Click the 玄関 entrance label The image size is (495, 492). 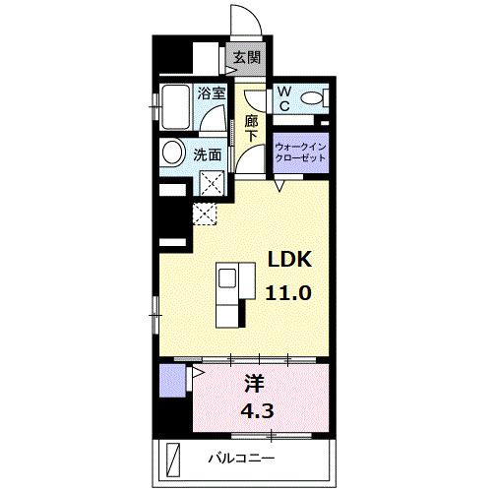click(x=247, y=58)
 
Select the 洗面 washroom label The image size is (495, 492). click(x=207, y=154)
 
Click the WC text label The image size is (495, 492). click(x=282, y=97)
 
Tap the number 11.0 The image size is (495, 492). click(x=290, y=292)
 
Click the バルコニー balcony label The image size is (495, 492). click(x=241, y=459)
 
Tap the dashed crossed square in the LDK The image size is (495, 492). click(x=206, y=214)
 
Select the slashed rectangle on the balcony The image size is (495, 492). click(x=174, y=459)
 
